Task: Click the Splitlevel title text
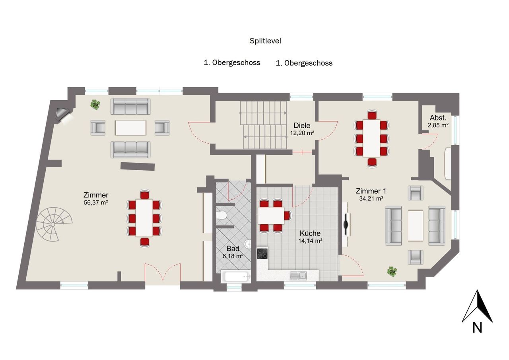[x=265, y=41]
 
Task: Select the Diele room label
[x=302, y=125]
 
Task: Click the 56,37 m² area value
[x=96, y=202]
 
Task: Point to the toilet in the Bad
[x=221, y=215]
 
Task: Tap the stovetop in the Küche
[x=262, y=253]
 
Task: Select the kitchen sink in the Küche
[x=298, y=276]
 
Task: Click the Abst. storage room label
[x=438, y=118]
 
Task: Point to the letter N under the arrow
[x=478, y=328]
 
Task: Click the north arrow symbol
[x=477, y=306]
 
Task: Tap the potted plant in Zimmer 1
[x=392, y=271]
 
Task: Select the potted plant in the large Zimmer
[x=95, y=105]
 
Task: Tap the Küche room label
[x=310, y=233]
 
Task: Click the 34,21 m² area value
[x=371, y=198]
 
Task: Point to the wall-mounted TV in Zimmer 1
[x=346, y=224]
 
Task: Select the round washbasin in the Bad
[x=248, y=244]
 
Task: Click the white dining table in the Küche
[x=271, y=216]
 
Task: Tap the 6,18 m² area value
[x=233, y=256]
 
